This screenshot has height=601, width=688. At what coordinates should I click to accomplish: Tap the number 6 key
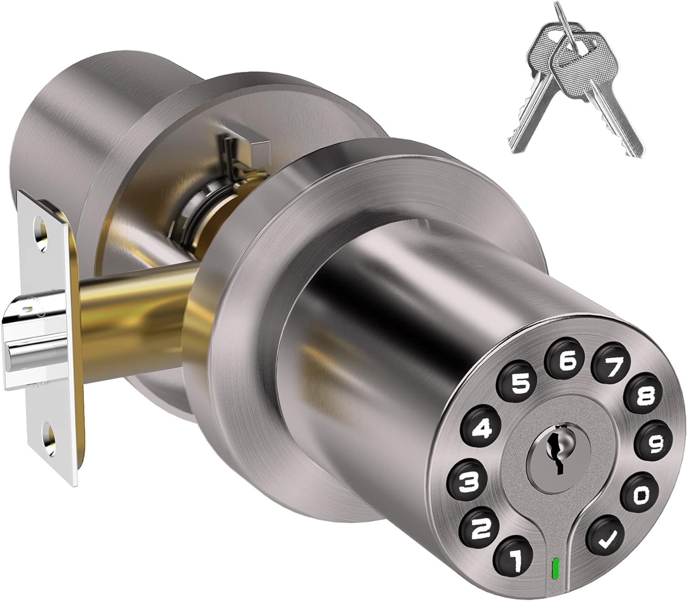point(567,362)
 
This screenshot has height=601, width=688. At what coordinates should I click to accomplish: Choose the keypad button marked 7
point(613,366)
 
